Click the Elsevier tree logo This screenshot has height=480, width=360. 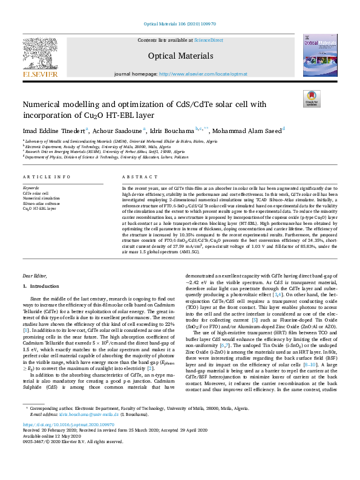point(41,54)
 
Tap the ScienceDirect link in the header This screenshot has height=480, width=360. point(208,39)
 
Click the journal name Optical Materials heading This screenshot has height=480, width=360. point(180,56)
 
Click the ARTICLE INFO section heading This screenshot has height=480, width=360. point(42,177)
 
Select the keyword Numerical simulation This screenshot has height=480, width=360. point(42,198)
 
